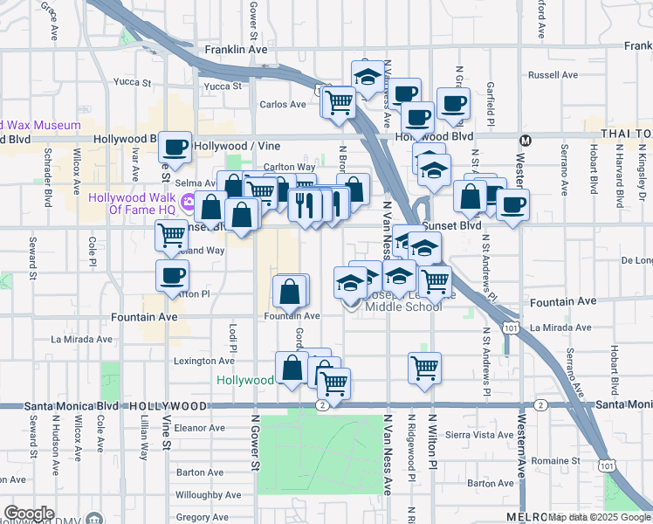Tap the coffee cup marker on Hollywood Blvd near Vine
175,147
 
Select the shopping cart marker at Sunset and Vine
172,234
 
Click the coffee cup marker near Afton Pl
172,275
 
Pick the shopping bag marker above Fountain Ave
290,292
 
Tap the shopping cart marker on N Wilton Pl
424,368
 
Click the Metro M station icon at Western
526,140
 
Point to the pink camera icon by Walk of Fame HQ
188,202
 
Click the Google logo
29,514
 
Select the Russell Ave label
553,75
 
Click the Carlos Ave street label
283,104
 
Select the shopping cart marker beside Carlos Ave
339,101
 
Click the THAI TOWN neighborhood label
625,133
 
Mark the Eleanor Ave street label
201,428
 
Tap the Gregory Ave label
202,517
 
